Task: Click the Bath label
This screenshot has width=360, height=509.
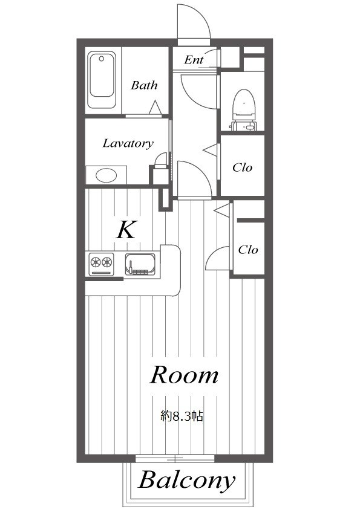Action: [x=144, y=85]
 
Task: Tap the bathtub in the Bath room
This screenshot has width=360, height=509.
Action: [x=102, y=80]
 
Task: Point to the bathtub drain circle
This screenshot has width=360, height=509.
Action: [x=102, y=59]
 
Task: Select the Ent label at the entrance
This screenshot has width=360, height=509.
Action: [x=194, y=59]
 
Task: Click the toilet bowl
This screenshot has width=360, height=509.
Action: [x=244, y=104]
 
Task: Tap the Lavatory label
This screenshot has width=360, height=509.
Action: [x=128, y=143]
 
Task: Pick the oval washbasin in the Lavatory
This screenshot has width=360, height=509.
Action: [x=106, y=176]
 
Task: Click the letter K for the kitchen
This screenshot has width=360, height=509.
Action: [x=126, y=230]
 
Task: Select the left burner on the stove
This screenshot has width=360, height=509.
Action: [x=96, y=262]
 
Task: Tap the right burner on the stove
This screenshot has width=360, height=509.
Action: [x=107, y=262]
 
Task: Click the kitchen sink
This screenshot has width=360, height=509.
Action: [x=140, y=264]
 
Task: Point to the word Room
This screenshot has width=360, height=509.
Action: [x=184, y=375]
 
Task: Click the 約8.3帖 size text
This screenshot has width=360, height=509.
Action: [x=182, y=416]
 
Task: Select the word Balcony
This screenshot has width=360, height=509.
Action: [x=186, y=481]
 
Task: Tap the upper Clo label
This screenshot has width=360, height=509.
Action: [x=243, y=167]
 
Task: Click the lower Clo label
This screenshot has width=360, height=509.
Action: [x=248, y=250]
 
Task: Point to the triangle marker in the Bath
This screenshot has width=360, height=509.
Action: [x=155, y=108]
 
